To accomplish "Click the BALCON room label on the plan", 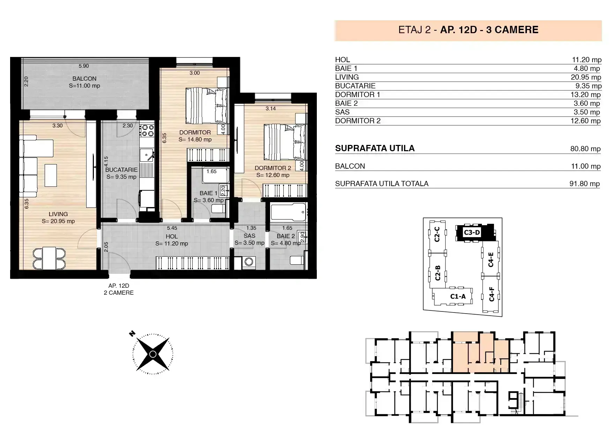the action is coord(84,79).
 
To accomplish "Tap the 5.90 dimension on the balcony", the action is coord(84,66).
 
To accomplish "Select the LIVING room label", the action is coord(58,214).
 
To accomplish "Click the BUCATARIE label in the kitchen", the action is coord(121,170).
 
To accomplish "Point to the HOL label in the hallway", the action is coord(172,236).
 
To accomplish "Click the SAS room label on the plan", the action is coord(249,236).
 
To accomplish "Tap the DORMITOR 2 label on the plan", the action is coord(273,168).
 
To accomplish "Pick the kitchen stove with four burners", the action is coord(147,130).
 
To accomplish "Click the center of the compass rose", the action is coord(152,354).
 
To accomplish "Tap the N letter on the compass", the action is coord(132,334).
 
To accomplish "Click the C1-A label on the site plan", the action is coord(458,296).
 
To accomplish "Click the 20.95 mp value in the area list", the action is coord(586,77).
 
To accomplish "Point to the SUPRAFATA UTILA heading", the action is coord(375,148).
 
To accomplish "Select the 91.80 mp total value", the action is coord(584,184).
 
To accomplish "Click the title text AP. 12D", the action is coord(458,30).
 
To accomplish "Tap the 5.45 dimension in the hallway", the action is coord(172,228).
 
